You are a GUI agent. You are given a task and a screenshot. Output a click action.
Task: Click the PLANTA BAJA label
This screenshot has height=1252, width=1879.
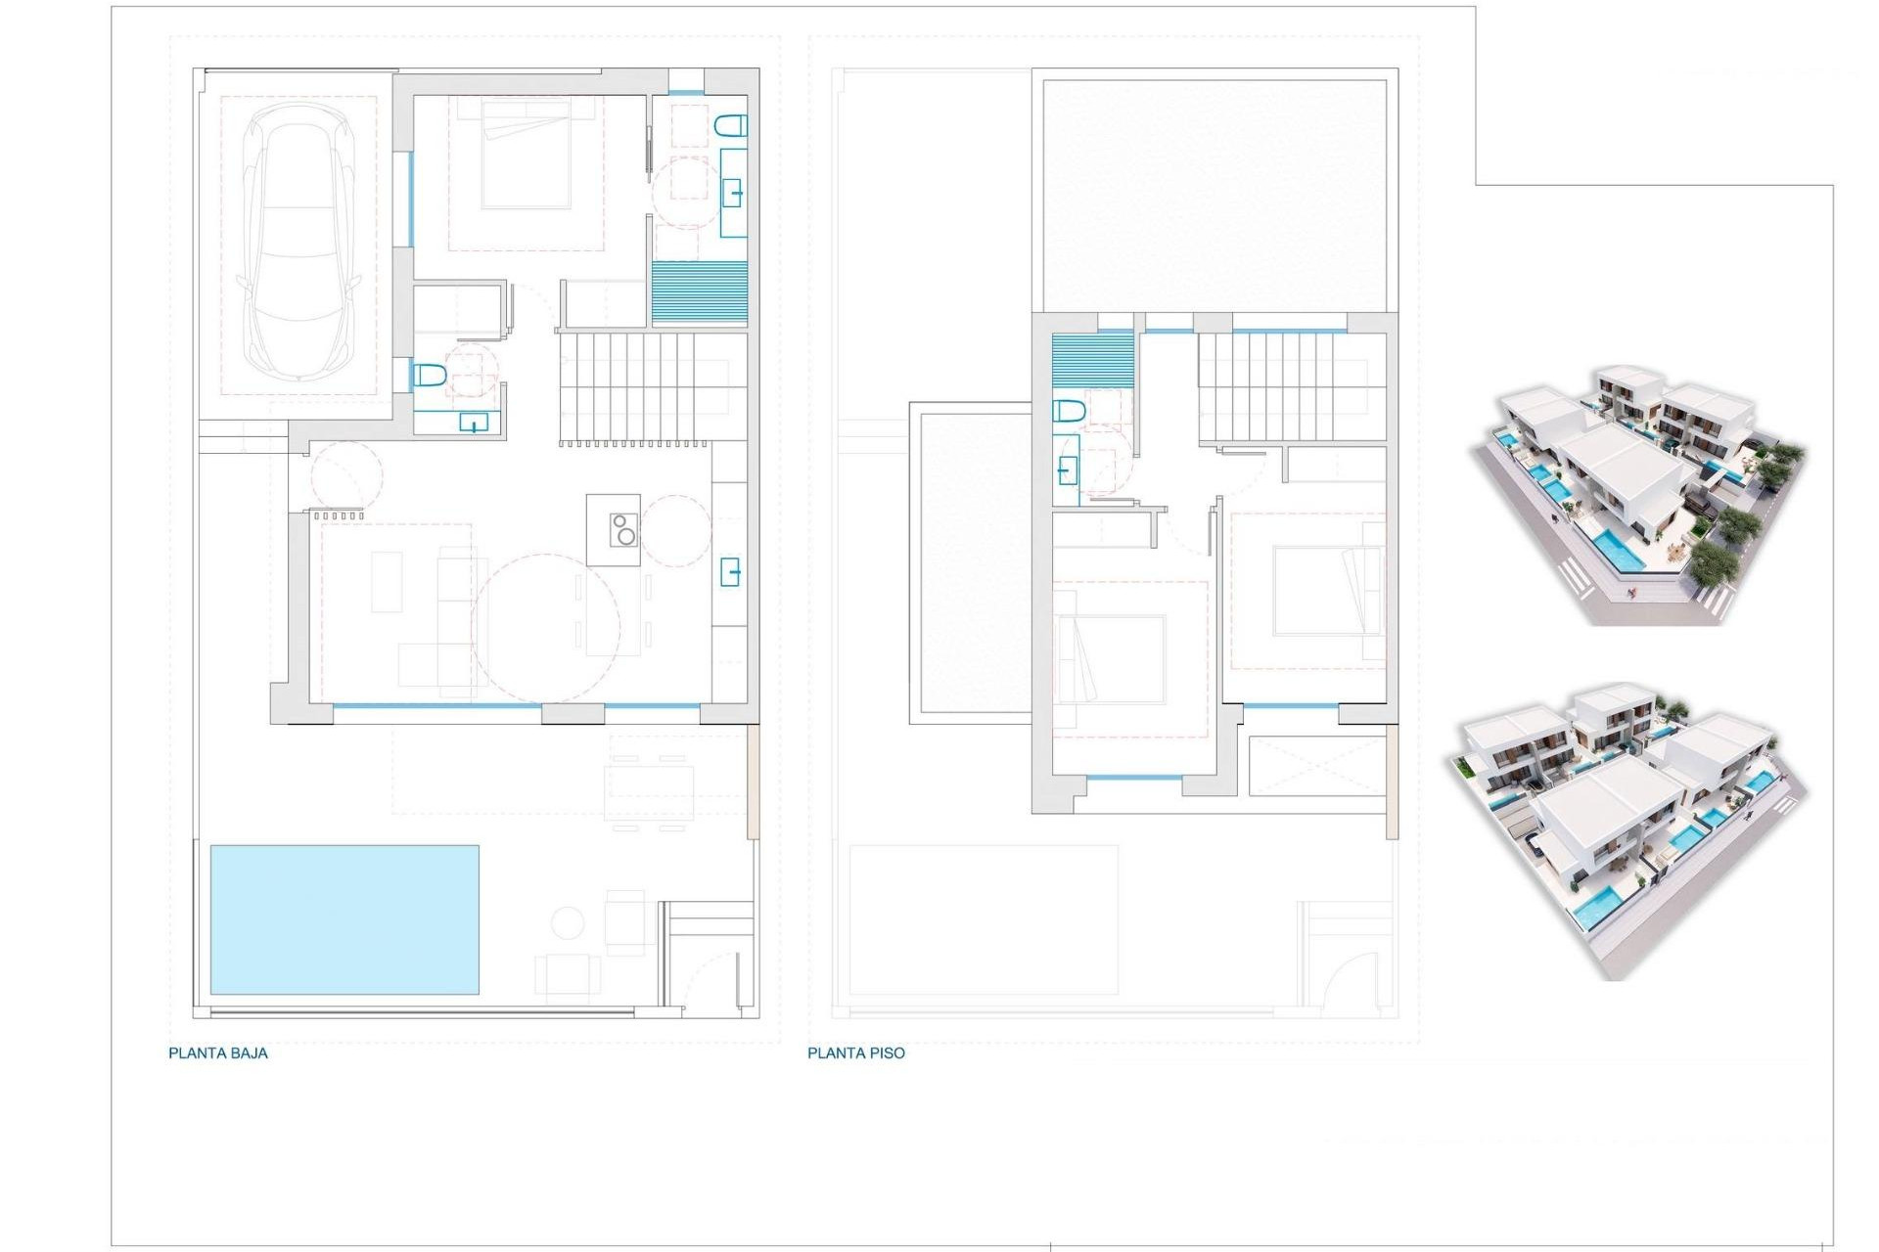[217, 1053]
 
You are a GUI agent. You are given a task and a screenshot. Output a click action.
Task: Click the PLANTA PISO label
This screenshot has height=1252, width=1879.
[855, 1053]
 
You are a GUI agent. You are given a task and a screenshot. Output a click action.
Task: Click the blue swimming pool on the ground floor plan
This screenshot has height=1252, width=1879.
[344, 919]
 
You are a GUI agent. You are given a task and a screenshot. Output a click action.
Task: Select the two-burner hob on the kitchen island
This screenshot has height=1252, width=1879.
[623, 530]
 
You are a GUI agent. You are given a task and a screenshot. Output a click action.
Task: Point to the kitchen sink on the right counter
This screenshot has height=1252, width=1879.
[730, 571]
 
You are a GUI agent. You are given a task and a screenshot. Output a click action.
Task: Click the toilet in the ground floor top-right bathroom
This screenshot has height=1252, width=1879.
[731, 125]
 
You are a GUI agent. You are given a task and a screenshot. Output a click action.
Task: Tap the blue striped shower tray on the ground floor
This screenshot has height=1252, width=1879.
[699, 292]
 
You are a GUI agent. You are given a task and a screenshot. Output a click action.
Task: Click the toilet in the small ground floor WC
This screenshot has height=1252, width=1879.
[430, 375]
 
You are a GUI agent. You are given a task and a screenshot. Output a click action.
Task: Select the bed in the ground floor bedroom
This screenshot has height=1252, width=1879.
[526, 154]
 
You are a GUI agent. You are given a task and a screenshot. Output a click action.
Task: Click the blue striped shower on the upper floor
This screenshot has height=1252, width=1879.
[1092, 360]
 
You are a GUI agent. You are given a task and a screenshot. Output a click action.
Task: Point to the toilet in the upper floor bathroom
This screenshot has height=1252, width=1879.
[1069, 411]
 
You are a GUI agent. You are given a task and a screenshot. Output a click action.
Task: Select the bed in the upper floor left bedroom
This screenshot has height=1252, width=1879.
[1110, 659]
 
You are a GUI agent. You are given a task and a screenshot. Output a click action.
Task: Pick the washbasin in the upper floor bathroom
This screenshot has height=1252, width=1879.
[1067, 471]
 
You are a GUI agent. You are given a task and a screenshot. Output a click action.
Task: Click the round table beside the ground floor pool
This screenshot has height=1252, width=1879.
[568, 922]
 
